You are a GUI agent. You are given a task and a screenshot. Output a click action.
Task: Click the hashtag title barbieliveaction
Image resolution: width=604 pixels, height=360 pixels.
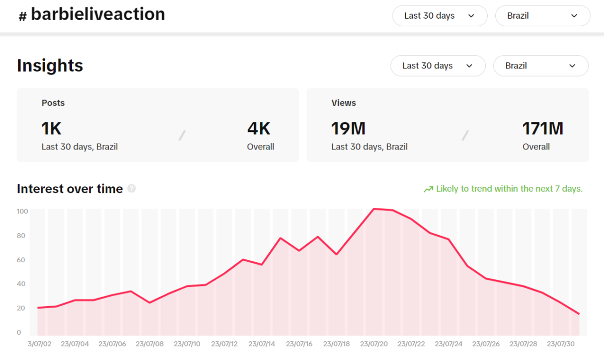tap(98, 15)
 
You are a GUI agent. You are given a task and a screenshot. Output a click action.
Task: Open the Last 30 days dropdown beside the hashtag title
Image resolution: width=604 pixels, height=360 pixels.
tap(439, 16)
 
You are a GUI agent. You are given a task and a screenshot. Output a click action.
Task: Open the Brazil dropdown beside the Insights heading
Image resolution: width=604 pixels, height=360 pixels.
tap(541, 66)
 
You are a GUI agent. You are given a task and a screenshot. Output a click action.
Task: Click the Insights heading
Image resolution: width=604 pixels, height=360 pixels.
tap(50, 66)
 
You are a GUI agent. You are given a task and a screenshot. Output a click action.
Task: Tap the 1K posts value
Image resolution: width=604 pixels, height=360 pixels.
tap(51, 129)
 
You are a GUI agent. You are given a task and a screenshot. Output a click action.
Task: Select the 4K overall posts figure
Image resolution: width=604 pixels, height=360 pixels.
tap(259, 129)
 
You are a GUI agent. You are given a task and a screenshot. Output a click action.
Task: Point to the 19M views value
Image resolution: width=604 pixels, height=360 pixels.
tap(348, 129)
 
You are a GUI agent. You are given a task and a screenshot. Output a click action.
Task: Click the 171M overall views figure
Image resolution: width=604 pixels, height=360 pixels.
tap(543, 129)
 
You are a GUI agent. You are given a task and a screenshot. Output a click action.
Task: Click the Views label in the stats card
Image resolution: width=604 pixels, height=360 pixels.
tap(344, 103)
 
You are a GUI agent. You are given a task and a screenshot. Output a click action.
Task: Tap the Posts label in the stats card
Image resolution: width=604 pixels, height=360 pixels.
tap(53, 103)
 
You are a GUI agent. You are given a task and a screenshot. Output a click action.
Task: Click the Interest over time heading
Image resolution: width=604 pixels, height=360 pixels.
tap(70, 189)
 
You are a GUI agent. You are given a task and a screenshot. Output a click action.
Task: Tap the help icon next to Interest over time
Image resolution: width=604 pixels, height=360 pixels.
tap(131, 189)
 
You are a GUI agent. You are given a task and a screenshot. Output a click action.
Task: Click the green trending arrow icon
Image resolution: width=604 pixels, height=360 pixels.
tap(428, 189)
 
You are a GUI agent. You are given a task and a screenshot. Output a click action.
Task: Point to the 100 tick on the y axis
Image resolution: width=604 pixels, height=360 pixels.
tap(22, 211)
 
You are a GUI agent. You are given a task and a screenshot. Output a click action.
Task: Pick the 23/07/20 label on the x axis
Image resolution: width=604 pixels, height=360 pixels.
tap(374, 344)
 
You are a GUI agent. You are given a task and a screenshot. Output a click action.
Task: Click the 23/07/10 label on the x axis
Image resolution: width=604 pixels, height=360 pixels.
tap(187, 344)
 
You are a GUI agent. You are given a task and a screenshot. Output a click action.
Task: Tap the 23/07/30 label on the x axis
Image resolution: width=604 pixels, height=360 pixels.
tap(561, 344)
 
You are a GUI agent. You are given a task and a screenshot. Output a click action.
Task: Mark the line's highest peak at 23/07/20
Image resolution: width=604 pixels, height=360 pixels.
tap(374, 208)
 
